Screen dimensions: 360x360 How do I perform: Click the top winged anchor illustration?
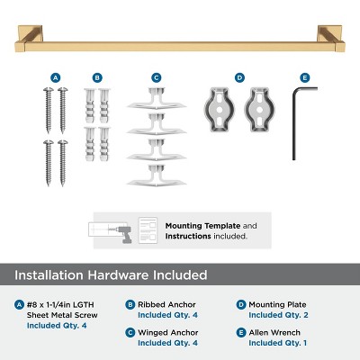click(156, 100)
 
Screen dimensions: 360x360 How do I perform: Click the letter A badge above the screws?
click(56, 78)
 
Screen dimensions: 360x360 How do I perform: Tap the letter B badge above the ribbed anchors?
click(97, 78)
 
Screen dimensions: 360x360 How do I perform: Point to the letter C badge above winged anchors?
click(156, 78)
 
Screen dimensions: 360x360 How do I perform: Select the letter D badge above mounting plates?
click(239, 78)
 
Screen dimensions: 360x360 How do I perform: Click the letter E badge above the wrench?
click(305, 78)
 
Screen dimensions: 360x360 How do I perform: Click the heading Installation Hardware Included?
click(111, 274)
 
